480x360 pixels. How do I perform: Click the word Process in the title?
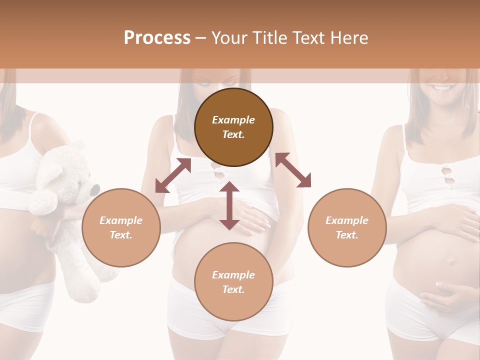[x=157, y=38]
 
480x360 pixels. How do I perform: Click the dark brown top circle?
[x=233, y=127]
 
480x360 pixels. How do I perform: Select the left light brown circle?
[x=121, y=227]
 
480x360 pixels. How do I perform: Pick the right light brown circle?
[x=347, y=227]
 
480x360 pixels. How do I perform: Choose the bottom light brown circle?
[x=233, y=282]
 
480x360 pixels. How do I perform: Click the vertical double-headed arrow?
[x=229, y=206]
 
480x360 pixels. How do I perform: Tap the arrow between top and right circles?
[x=293, y=170]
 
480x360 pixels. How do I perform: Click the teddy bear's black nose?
[x=94, y=190]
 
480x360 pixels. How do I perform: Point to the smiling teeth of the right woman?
[x=442, y=88]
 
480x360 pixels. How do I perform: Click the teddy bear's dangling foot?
[x=87, y=290]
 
